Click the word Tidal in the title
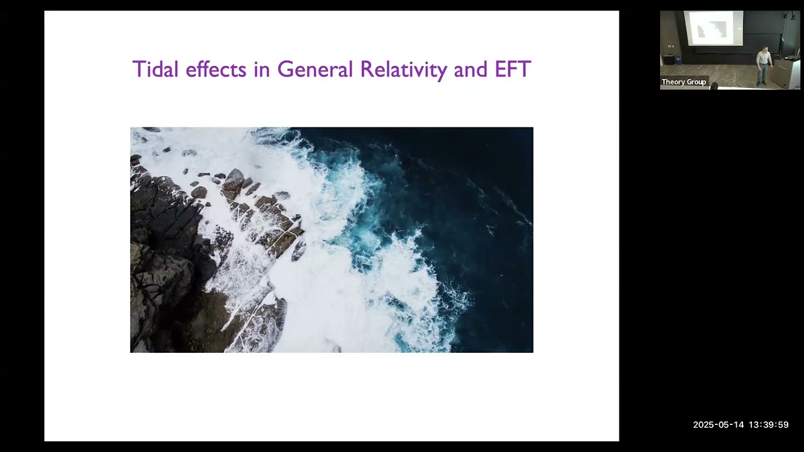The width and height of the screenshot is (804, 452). (156, 69)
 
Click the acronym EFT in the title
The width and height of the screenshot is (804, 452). (513, 69)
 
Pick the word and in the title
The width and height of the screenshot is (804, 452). (470, 69)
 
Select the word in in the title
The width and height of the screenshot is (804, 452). (261, 69)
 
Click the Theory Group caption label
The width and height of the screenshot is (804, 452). (683, 82)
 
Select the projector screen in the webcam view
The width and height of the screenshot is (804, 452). (713, 28)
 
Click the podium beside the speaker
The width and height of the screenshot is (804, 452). (786, 72)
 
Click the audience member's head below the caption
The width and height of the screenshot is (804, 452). (714, 86)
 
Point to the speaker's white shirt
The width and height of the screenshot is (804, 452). (764, 58)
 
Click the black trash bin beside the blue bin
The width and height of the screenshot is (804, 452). (668, 60)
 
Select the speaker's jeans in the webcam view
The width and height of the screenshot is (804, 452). (763, 75)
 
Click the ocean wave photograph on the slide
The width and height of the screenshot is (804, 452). (331, 239)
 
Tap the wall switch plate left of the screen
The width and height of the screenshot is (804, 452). (671, 46)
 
